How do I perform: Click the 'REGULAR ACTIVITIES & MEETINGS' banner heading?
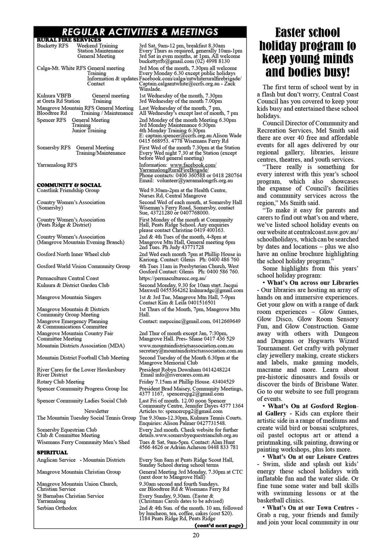pos(140,32)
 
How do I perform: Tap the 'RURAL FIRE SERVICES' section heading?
pos(69,40)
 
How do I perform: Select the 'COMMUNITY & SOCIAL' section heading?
pos(69,185)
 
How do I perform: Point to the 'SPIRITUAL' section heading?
pos(52,452)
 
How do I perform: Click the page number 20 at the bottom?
pos(196,535)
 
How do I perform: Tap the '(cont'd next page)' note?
pos(219,525)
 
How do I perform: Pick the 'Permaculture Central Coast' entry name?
pos(68,278)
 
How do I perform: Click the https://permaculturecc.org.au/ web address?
pos(172,278)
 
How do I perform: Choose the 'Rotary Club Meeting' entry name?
pos(61,382)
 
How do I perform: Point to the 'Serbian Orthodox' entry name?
pos(57,508)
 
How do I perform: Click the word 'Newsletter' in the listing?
pos(96,411)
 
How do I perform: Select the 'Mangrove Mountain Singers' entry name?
pos(69,297)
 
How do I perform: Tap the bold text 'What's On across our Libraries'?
pos(313,283)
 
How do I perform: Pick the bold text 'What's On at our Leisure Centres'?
pos(313,457)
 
